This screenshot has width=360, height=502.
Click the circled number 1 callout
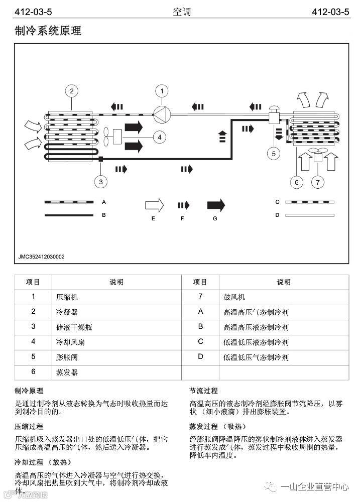click(162, 91)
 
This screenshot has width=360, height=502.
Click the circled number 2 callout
click(72, 91)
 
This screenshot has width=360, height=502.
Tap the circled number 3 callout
click(101, 181)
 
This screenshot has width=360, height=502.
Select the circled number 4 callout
click(159, 137)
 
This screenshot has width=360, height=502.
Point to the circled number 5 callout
click(274, 153)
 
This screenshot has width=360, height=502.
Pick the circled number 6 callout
click(297, 182)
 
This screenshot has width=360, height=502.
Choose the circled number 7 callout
click(318, 182)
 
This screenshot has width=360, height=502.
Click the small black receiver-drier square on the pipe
click(101, 160)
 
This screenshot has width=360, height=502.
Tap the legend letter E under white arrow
click(153, 219)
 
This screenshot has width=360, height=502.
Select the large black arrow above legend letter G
click(216, 205)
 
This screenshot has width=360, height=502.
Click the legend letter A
click(103, 202)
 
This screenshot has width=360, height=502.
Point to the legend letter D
click(277, 215)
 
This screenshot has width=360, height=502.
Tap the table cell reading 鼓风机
click(234, 297)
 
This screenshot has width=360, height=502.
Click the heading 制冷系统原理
click(48, 31)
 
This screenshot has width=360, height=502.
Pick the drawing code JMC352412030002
click(42, 257)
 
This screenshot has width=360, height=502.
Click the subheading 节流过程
click(203, 391)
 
